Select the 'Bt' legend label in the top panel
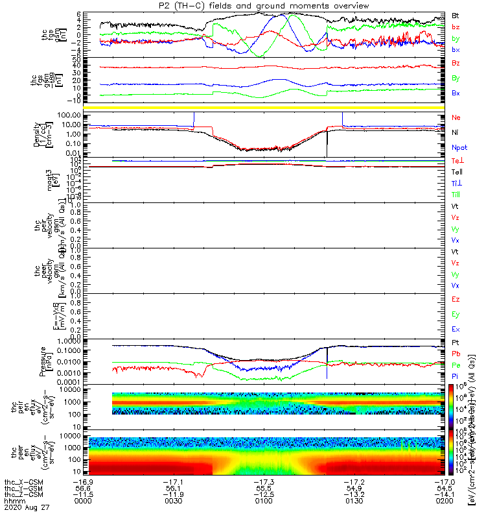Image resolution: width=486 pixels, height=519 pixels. tap(456, 14)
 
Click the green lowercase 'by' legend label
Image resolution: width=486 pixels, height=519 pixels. tap(456, 38)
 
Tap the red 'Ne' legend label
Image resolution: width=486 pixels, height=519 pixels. tap(456, 117)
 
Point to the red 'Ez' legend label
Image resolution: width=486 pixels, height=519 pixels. tap(456, 300)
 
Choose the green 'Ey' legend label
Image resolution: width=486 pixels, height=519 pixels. tap(456, 315)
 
